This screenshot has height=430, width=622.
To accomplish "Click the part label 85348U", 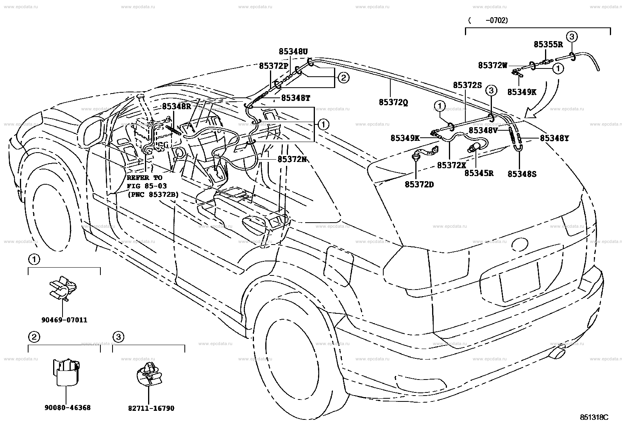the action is click(x=293, y=52).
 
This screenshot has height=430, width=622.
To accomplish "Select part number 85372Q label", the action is click(x=393, y=103).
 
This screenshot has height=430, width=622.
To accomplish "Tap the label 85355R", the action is click(x=548, y=45).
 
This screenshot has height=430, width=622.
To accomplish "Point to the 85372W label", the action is click(x=493, y=65).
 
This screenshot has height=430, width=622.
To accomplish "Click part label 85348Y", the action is click(x=554, y=138).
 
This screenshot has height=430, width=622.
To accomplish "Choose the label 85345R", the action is click(x=479, y=173).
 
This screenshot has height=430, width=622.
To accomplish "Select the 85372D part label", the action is click(x=419, y=184).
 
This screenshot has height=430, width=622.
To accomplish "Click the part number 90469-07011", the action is click(x=64, y=320).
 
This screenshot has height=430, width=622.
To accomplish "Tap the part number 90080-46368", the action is click(x=68, y=407).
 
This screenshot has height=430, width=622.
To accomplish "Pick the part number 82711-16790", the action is click(x=151, y=408).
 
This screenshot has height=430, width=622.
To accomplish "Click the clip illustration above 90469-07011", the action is click(x=63, y=288).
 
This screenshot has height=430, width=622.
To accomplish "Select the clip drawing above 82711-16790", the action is click(x=149, y=374).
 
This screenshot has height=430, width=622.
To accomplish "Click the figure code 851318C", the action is click(x=594, y=417).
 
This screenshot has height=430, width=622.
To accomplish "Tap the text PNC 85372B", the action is click(x=153, y=194).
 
